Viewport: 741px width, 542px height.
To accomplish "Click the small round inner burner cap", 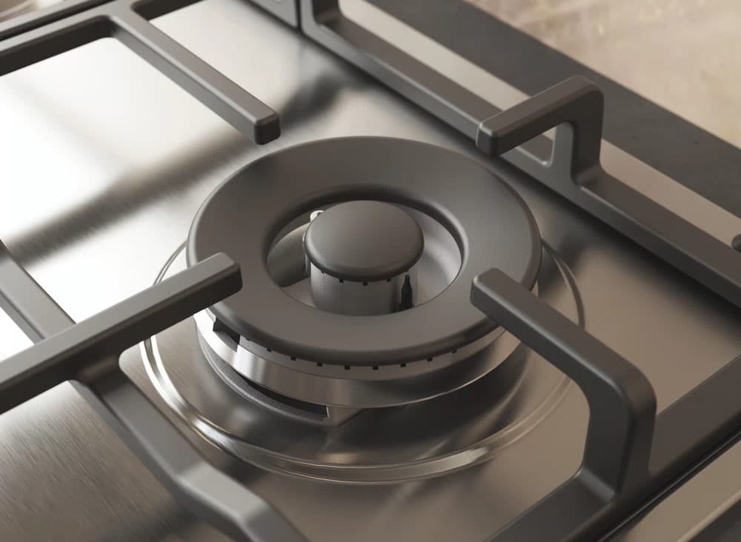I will point(364,238).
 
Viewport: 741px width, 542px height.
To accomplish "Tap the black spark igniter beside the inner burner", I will point(407,290).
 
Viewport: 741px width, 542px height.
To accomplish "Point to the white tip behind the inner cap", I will point(316,215).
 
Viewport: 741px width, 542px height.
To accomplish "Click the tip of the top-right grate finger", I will point(488,138).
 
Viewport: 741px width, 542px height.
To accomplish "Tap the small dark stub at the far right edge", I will point(736,243).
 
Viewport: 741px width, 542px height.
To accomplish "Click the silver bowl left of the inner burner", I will point(285,259).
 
